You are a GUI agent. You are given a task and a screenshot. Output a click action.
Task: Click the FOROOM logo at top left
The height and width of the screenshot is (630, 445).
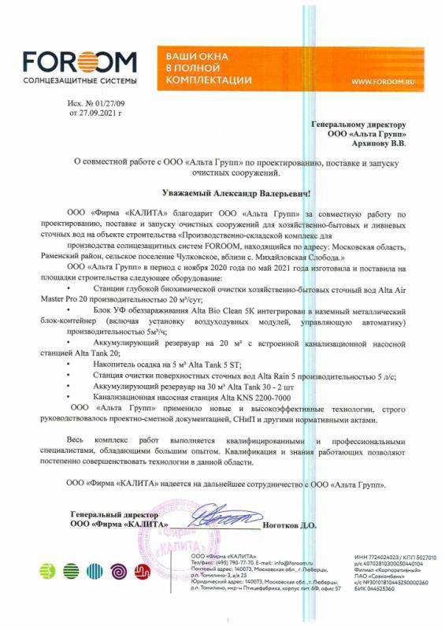point(80,62)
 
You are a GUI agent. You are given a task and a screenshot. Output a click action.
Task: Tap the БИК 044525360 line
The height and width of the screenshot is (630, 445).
point(377,588)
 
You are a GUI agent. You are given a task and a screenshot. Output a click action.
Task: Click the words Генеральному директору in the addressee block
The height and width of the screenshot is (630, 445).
point(358,124)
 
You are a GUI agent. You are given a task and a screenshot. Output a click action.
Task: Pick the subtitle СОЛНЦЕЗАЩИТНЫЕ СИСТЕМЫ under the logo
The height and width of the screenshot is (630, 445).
point(80,81)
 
